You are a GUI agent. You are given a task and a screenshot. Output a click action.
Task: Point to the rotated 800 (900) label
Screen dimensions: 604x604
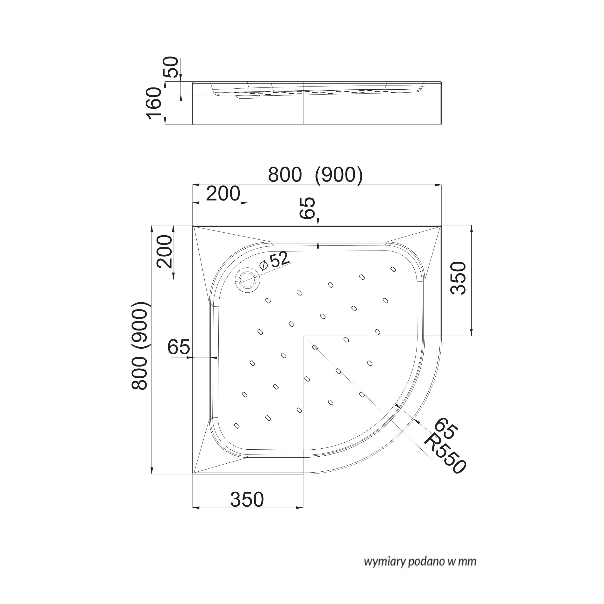tap(139, 346)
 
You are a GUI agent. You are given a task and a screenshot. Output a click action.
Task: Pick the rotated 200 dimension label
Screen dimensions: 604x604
tap(165, 252)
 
